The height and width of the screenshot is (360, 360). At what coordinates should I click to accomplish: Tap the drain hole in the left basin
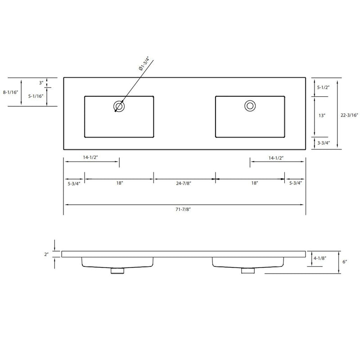[119, 107]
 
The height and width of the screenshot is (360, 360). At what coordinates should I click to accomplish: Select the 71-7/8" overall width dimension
[184, 209]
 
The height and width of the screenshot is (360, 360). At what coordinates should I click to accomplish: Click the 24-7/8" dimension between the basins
[184, 183]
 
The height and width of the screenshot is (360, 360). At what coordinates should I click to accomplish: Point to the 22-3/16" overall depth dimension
[349, 115]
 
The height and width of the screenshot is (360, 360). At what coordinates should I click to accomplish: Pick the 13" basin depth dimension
[322, 116]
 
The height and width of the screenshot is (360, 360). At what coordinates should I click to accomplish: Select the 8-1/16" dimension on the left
[10, 92]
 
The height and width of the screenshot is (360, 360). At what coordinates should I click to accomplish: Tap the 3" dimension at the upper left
[41, 82]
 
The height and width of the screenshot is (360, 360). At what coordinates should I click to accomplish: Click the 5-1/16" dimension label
[36, 96]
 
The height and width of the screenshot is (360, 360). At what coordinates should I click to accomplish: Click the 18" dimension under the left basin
[119, 183]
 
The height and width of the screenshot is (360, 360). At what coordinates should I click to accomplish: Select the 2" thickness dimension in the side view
[46, 254]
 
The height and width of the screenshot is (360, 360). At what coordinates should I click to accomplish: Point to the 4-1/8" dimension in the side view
[319, 258]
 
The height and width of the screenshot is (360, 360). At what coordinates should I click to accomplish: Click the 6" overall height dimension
[345, 262]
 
